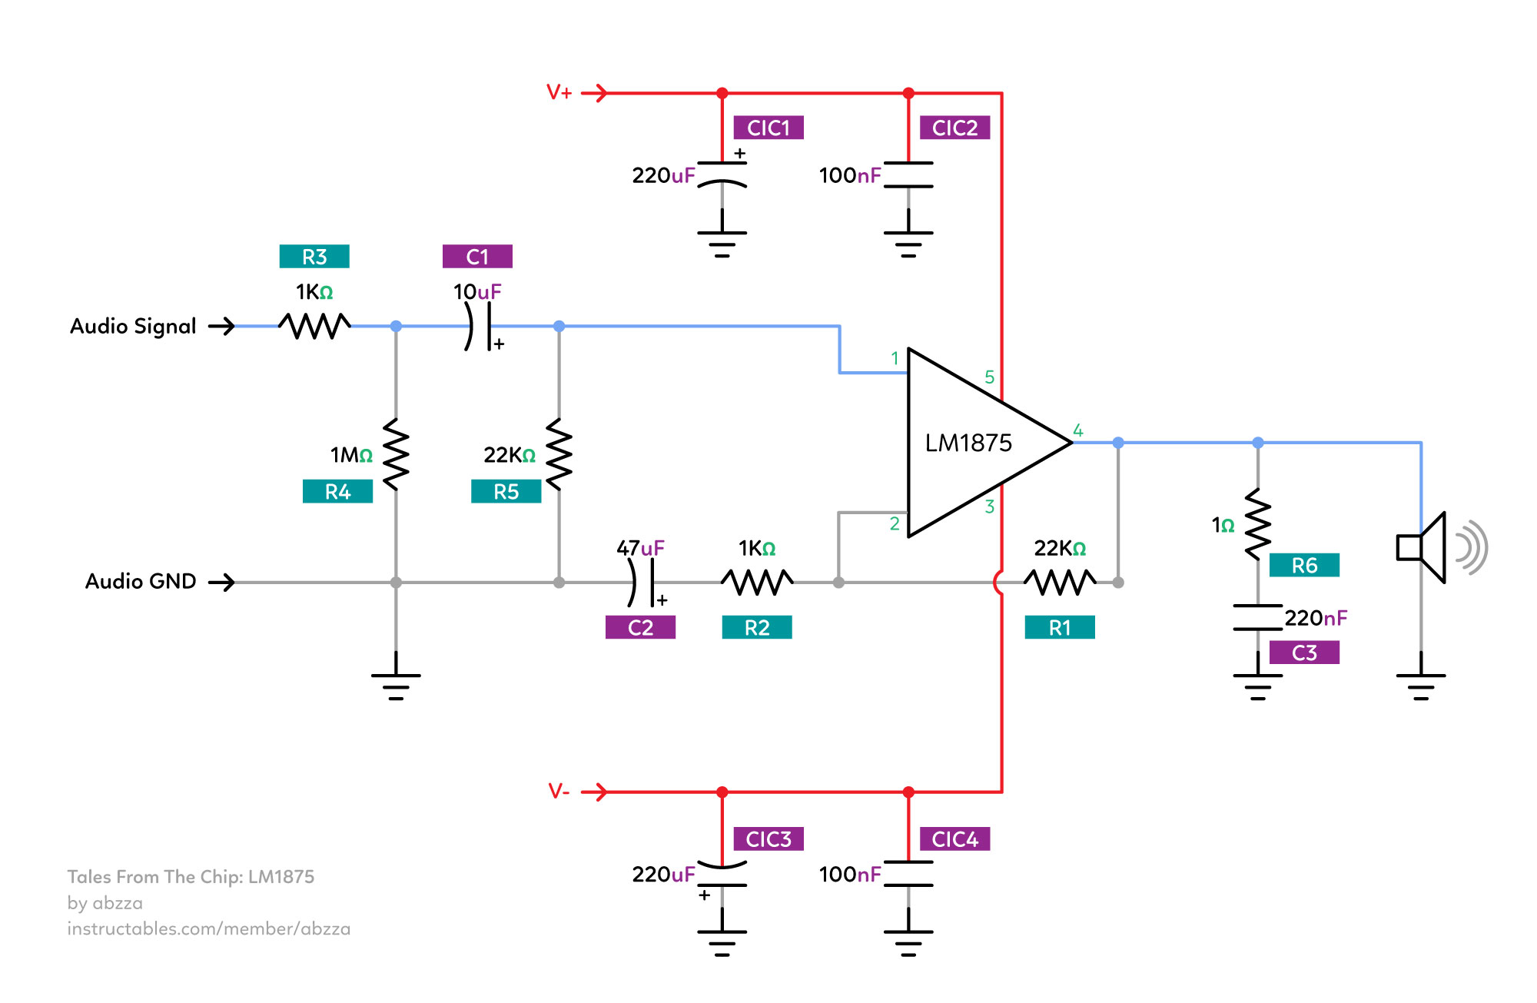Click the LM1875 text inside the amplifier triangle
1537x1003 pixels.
pos(968,443)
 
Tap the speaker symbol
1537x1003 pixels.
pos(1429,547)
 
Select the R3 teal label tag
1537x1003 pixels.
pos(314,257)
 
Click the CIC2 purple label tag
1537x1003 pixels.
pos(954,128)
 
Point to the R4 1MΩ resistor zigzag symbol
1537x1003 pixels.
pos(396,453)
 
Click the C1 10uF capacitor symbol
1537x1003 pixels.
pos(478,327)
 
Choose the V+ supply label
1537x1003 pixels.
pos(559,93)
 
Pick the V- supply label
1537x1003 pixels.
pos(559,792)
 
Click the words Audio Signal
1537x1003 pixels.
pos(133,327)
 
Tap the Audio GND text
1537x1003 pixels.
pos(141,582)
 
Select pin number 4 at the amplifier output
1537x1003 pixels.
pos(1078,430)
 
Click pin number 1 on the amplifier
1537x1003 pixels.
pos(895,358)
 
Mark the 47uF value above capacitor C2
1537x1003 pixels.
pos(640,548)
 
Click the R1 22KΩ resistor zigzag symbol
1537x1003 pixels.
pos(1060,582)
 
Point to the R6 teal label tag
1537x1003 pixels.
pos(1304,566)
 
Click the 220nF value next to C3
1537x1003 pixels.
pos(1316,618)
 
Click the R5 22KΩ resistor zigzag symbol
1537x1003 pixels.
pos(559,453)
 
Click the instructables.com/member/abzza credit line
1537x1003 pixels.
pos(209,929)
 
